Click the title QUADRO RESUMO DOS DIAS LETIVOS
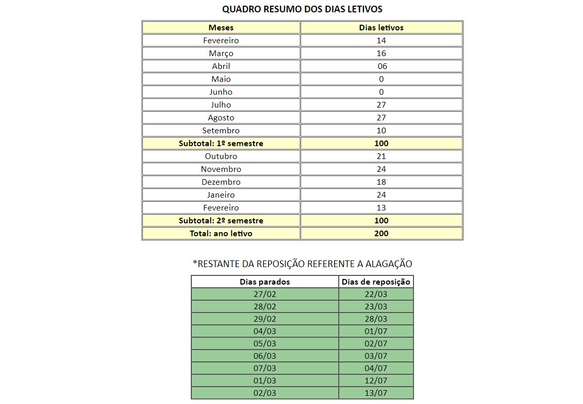(x=302, y=9)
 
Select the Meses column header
(x=221, y=28)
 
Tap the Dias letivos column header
(x=381, y=28)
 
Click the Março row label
(x=221, y=54)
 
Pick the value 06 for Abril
(x=381, y=66)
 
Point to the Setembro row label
(x=221, y=131)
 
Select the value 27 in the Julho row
(x=381, y=105)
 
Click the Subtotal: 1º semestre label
(x=221, y=144)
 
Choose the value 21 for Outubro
(x=381, y=156)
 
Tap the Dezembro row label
(x=221, y=182)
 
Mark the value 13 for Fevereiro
(x=381, y=208)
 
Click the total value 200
(x=381, y=234)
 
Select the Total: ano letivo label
(x=221, y=234)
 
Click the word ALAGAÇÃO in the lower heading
(x=389, y=264)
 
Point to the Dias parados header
(x=265, y=282)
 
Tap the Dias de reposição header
(x=376, y=282)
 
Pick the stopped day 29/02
(x=265, y=319)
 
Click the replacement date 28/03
(x=376, y=319)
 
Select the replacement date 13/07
(x=376, y=393)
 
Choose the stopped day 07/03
(x=265, y=368)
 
